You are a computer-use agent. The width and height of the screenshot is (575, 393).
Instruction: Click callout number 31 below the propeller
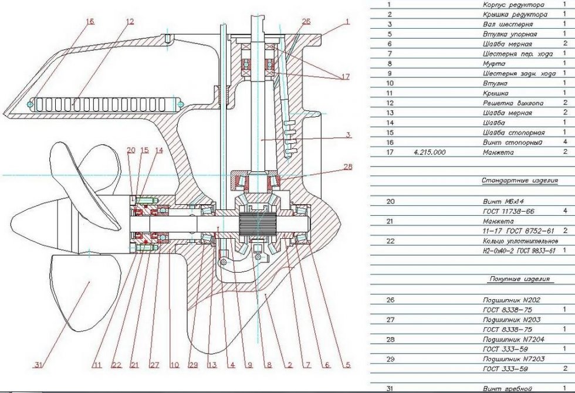click(39, 365)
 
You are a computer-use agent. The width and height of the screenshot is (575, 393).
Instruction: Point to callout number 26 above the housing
click(306, 22)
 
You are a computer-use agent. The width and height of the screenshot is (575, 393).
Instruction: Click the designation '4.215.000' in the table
click(430, 152)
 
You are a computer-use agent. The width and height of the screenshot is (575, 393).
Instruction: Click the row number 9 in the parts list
click(388, 73)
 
